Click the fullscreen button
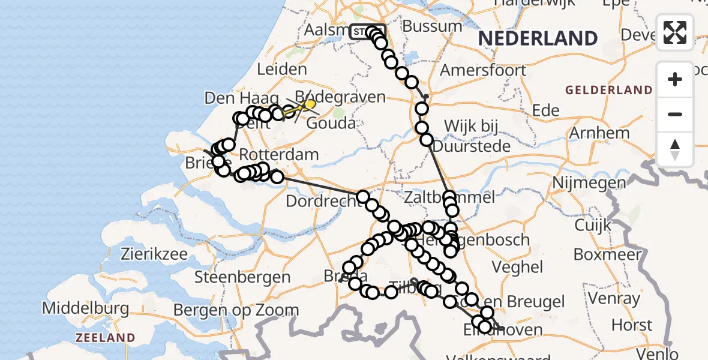(675, 32)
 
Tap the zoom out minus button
(675, 114)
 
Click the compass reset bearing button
(675, 149)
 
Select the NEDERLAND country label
(538, 39)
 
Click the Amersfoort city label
(483, 70)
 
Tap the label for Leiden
(281, 70)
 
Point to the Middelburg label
(85, 309)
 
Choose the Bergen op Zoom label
(236, 310)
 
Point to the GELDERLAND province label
(609, 91)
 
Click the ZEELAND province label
(105, 338)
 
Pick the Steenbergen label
(242, 277)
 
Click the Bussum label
(433, 26)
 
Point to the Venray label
(614, 298)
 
